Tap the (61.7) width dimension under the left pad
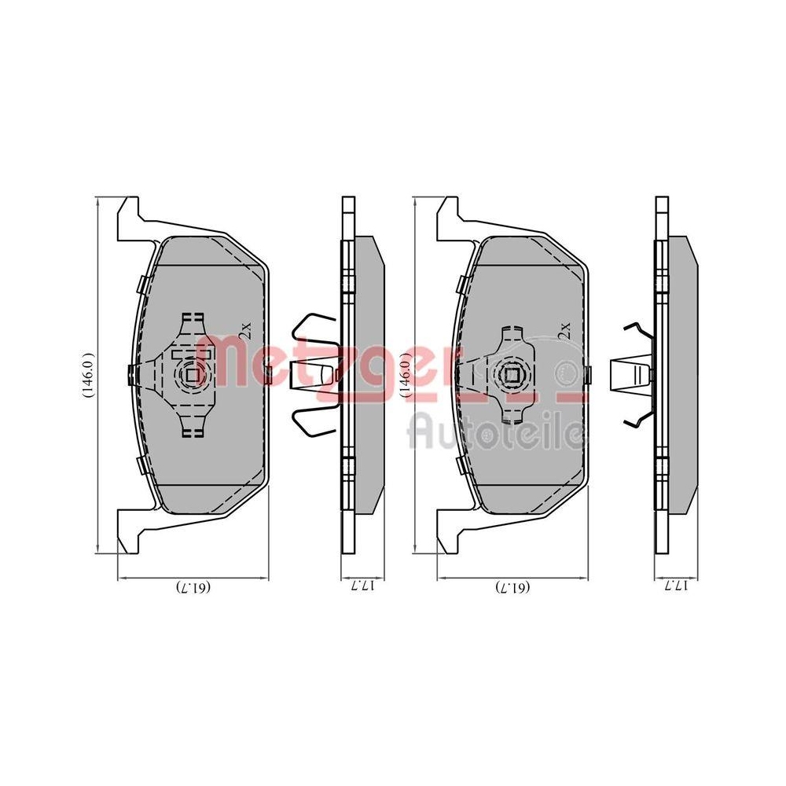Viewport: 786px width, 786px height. pyautogui.click(x=193, y=587)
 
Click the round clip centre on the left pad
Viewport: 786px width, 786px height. pyautogui.click(x=191, y=374)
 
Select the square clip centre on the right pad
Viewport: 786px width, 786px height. pyautogui.click(x=511, y=374)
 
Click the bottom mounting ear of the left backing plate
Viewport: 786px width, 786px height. pyautogui.click(x=128, y=531)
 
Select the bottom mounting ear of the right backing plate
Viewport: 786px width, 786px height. pyautogui.click(x=447, y=531)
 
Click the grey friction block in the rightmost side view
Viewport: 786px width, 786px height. pyautogui.click(x=680, y=373)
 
